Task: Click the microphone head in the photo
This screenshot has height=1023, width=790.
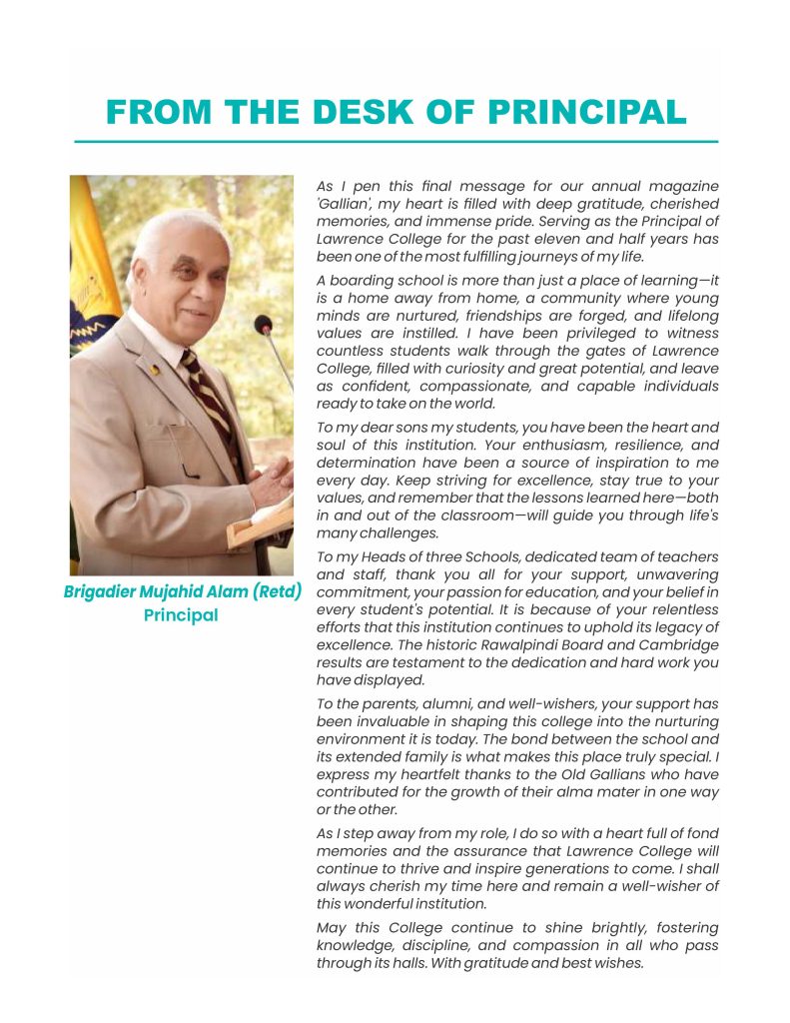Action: (263, 325)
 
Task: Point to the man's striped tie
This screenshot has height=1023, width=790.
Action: (213, 400)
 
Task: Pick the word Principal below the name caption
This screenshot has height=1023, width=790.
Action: (181, 615)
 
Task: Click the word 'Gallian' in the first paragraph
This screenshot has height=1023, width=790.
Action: (347, 204)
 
